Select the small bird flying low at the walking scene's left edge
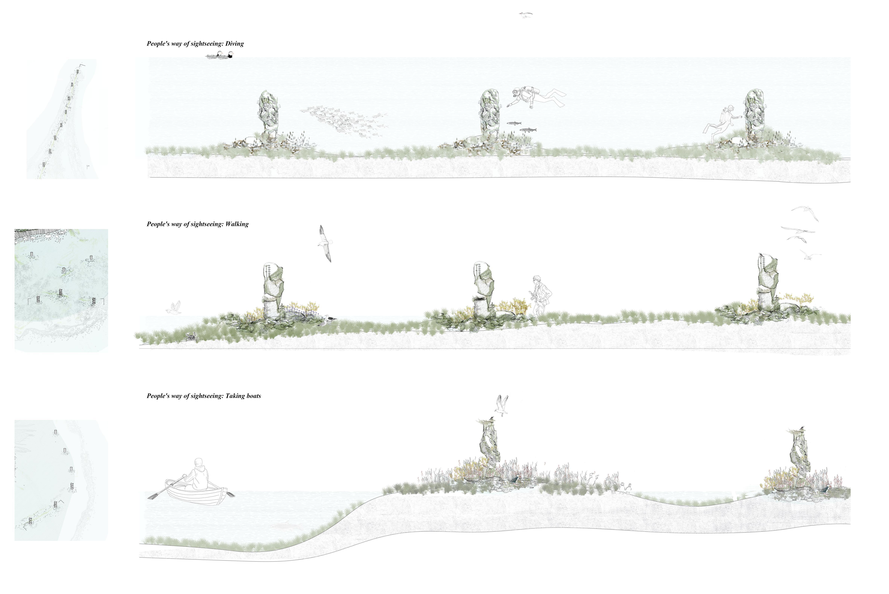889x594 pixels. [x=174, y=308]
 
